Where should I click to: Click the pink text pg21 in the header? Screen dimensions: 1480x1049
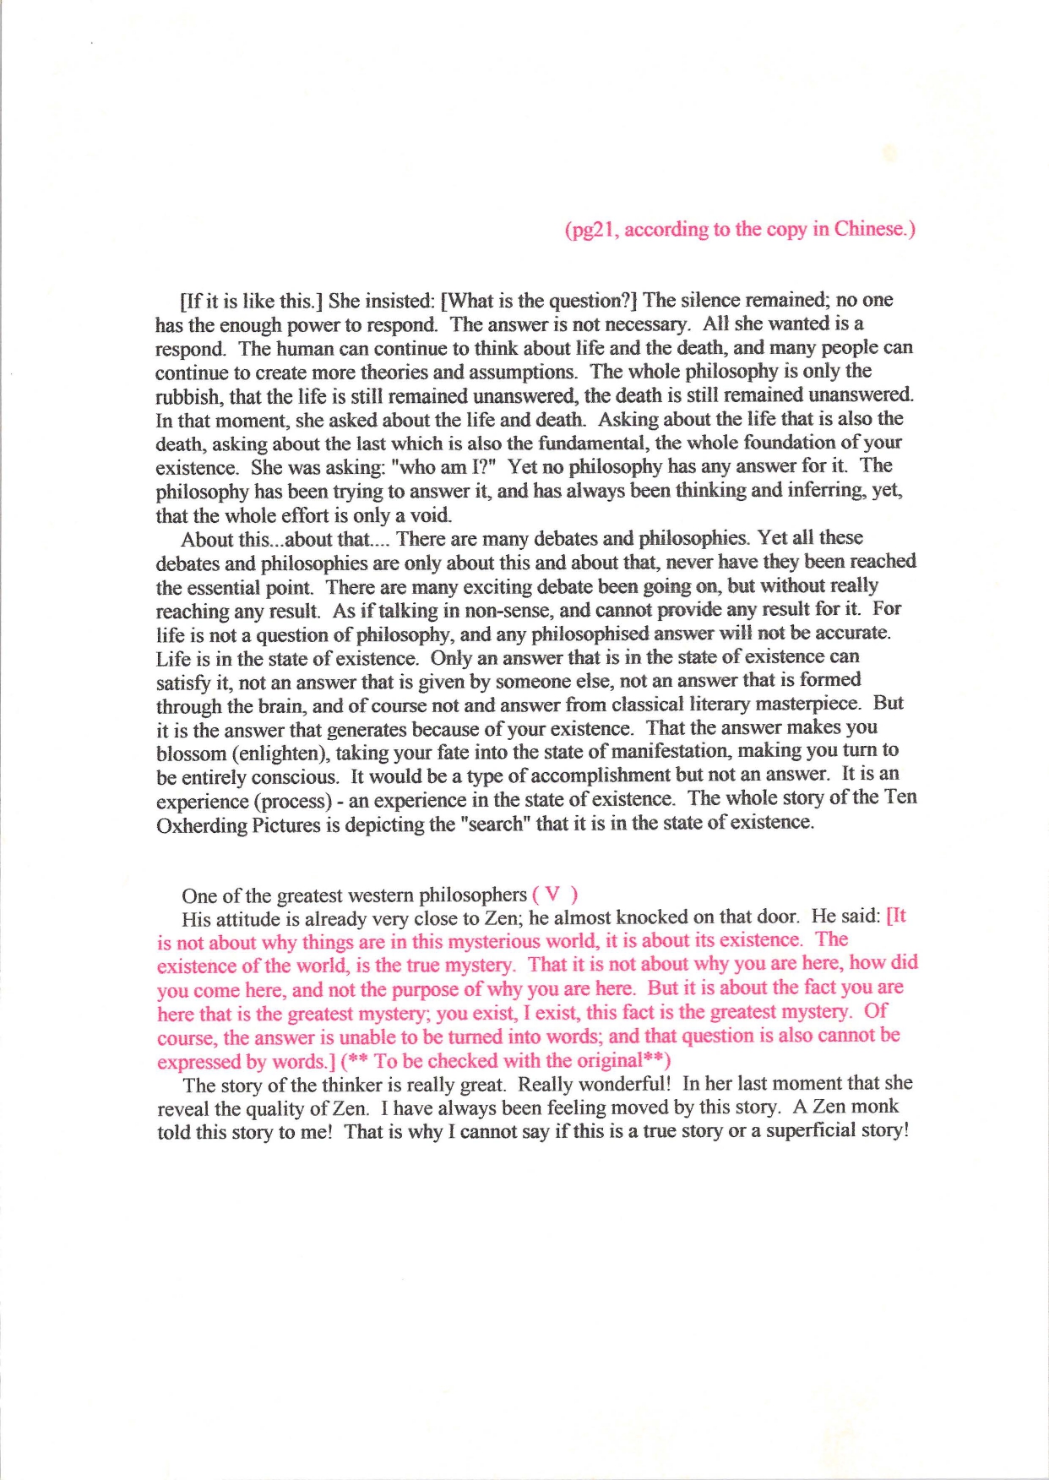coord(590,230)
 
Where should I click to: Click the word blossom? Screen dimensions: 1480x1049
coord(191,753)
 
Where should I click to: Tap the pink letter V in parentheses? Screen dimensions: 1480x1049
coord(553,895)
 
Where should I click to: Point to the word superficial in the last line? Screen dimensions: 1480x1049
coord(813,1131)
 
